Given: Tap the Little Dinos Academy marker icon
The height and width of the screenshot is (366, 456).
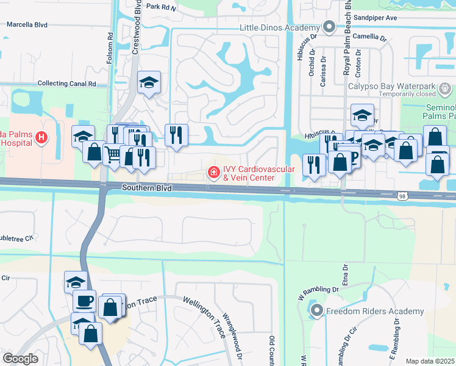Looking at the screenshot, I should pos(329,27).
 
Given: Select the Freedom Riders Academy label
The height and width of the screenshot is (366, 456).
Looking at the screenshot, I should pos(374,311).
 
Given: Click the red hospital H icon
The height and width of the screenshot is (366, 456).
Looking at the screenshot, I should pos(41,138).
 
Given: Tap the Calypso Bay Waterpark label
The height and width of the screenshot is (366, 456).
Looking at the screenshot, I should pos(392,86).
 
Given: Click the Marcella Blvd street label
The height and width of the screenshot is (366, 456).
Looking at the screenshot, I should pos(27,25).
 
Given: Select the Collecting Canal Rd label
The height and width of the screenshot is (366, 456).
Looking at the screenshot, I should pos(67,84).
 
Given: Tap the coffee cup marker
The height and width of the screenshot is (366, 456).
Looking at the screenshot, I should pos(84,300).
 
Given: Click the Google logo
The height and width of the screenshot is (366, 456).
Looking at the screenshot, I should pos(20,359).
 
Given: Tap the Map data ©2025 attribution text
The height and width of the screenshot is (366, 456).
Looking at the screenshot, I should pos(430,361).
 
